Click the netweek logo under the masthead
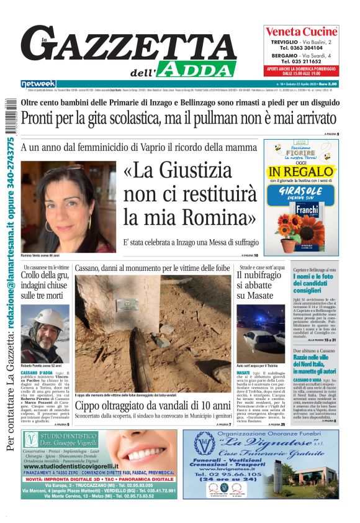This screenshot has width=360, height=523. tap(38, 83)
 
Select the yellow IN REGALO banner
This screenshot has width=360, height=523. tap(301, 171)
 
